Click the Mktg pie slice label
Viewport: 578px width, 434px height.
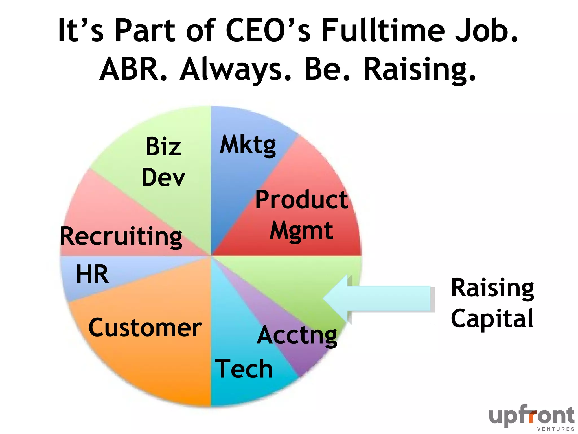248,145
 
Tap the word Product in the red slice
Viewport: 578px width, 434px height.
301,200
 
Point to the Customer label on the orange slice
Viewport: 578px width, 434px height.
145,327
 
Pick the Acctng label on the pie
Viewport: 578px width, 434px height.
297,335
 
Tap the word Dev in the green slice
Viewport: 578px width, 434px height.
163,177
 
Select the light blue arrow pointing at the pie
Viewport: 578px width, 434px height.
378,299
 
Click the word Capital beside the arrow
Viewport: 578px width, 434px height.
492,319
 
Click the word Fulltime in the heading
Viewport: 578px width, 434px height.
383,30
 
